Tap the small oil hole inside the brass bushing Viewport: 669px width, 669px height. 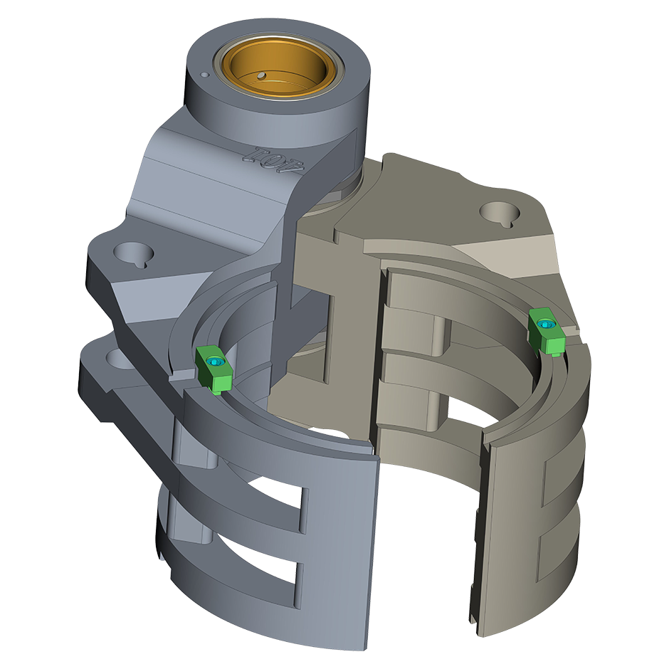pos(261,76)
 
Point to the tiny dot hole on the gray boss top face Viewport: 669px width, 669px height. pos(204,75)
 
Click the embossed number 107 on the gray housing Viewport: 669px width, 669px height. pos(274,161)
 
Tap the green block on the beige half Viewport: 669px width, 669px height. pos(547,332)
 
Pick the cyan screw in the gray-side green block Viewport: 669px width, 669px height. pos(214,362)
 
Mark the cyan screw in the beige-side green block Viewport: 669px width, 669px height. pos(545,325)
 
